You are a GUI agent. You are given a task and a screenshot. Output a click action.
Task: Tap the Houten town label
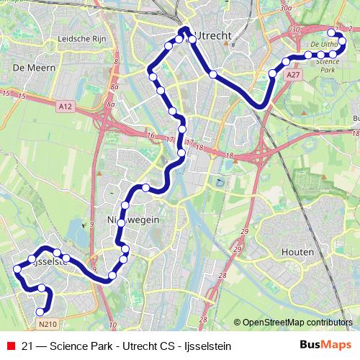tap(298, 253)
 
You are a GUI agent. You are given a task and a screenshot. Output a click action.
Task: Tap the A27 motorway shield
tap(292, 74)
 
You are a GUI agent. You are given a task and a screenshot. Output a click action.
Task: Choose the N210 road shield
tap(48, 324)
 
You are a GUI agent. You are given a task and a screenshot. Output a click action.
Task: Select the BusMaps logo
tap(326, 346)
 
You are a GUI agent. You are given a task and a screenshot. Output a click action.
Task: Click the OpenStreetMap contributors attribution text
tap(297, 322)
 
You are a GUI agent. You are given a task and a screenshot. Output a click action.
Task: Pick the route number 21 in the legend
tap(27, 346)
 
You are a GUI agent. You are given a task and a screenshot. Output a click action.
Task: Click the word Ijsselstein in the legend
tap(207, 346)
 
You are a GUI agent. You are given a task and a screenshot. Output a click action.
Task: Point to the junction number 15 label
tap(6, 95)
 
